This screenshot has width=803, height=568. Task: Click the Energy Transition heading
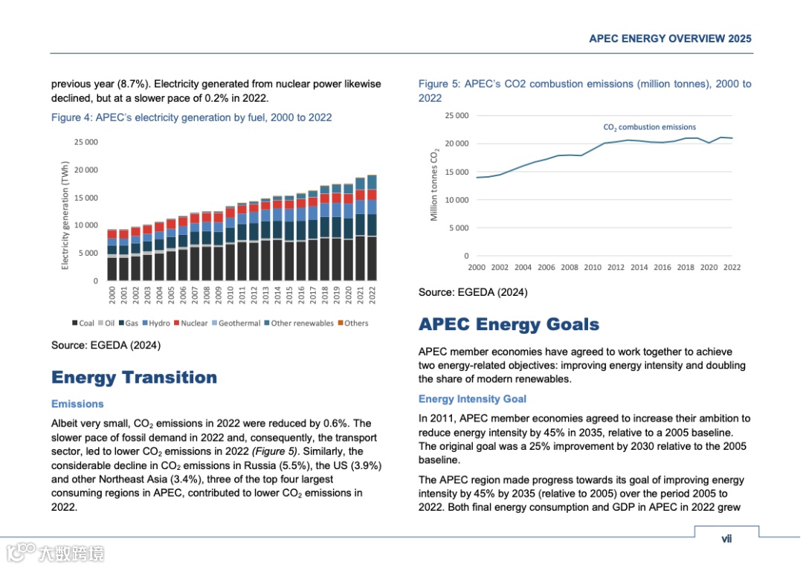pos(134,378)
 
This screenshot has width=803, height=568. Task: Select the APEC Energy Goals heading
pos(509,325)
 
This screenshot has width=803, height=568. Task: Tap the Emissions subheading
pos(77,404)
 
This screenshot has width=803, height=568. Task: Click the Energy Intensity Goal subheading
pos(472,399)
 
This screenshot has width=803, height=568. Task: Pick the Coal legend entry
pos(83,323)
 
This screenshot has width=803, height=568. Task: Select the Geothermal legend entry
pos(236,323)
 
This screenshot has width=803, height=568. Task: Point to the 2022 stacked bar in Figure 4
pos(372,227)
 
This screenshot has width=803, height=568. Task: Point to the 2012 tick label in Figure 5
pos(616,268)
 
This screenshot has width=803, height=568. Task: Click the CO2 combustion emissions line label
pos(649,127)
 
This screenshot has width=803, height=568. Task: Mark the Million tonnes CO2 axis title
pos(435,185)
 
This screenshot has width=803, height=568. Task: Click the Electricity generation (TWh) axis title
pos(65,216)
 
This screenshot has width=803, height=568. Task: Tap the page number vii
pos(726,539)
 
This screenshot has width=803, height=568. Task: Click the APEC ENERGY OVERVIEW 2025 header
pos(670,39)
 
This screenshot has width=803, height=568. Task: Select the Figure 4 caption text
pos(191,117)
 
